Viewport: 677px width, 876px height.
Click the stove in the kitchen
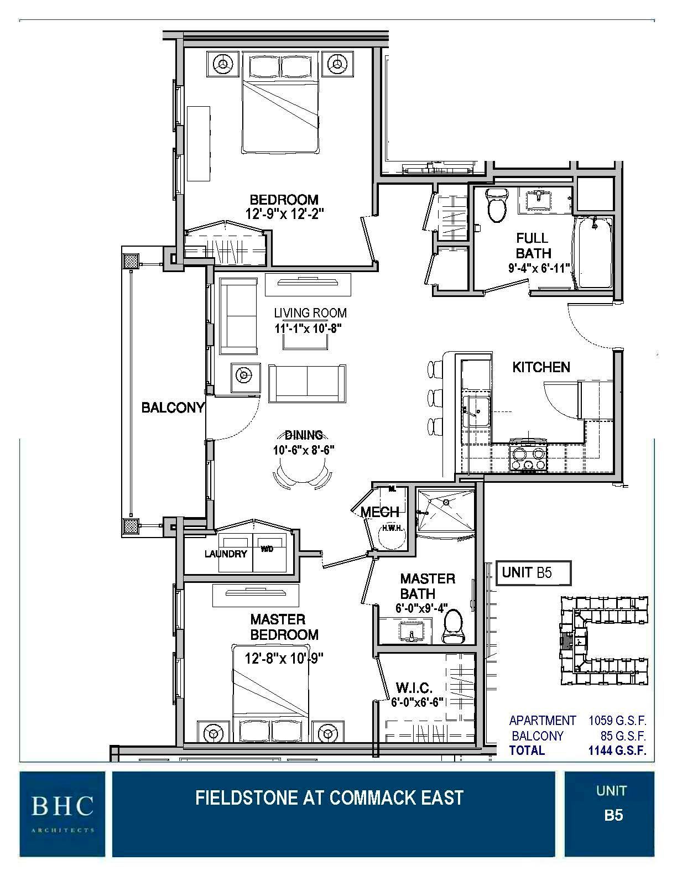pos(528,458)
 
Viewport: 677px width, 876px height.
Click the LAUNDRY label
pos(225,554)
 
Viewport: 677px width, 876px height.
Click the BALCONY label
pos(173,408)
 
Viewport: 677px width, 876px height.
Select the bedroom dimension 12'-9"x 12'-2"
pos(284,213)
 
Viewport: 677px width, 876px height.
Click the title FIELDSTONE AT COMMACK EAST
pos(329,797)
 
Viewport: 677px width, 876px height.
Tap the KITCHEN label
pos(541,367)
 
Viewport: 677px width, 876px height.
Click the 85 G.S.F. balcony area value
pos(623,736)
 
